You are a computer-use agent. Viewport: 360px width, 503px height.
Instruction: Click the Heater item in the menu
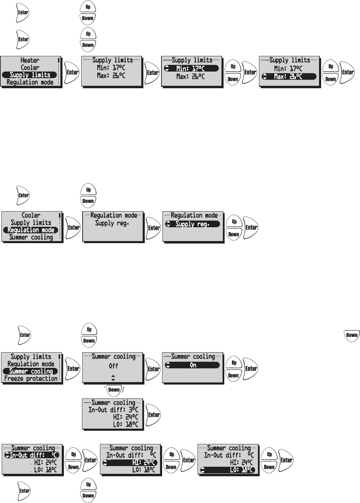click(x=30, y=60)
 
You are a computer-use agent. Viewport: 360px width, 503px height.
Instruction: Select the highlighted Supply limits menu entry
click(x=30, y=75)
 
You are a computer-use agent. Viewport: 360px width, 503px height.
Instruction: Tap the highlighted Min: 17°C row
click(x=191, y=68)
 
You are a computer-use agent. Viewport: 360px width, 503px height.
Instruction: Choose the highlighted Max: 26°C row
click(x=289, y=76)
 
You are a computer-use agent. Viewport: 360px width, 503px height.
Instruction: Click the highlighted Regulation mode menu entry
click(x=31, y=230)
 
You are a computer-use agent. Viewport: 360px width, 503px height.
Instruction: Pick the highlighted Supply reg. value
click(x=192, y=224)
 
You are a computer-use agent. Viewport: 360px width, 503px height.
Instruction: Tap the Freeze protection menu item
click(x=31, y=379)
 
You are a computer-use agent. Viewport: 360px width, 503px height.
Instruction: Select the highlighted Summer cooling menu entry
click(x=31, y=371)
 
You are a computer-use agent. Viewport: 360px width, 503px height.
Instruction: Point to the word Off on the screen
click(x=113, y=366)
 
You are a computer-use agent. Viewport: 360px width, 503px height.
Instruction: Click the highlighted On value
click(x=193, y=365)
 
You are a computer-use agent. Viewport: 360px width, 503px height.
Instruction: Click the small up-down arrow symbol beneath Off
click(x=113, y=378)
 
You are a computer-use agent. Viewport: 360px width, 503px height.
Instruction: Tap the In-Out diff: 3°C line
click(x=113, y=410)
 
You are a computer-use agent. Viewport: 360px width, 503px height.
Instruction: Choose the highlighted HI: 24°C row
click(x=130, y=463)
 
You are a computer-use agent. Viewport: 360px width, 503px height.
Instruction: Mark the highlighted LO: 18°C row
click(x=228, y=470)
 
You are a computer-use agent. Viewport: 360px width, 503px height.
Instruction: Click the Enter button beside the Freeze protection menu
click(x=73, y=369)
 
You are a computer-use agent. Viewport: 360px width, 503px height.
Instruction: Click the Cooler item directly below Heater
click(x=30, y=68)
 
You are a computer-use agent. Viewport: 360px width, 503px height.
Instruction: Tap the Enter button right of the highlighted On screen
click(x=251, y=369)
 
